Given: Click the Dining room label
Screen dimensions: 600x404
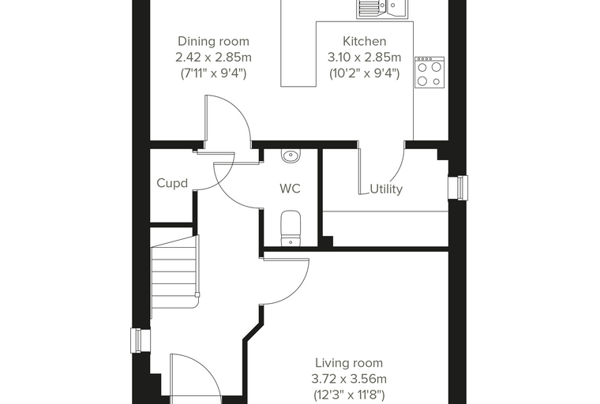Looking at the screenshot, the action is pos(213,41).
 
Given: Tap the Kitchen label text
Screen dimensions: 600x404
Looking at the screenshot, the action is pos(364,41).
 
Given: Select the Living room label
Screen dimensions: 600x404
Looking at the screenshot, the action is pos(349,363).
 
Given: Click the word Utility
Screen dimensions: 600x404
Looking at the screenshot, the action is pos(386,189).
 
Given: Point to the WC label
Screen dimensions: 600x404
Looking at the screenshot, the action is pos(290,189).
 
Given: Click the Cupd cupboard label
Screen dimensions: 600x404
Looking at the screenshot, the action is pos(172,183).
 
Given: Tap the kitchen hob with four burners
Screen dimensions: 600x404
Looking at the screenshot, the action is pos(429,73).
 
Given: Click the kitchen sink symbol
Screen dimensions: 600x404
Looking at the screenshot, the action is pos(383,9).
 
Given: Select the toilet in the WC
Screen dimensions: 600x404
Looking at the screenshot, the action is pos(291,228).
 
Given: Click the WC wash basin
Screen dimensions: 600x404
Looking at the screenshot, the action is pos(291,155).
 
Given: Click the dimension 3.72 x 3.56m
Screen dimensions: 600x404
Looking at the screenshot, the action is pos(349,379).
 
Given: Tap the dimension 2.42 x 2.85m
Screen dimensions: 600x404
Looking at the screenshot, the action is pos(213,58).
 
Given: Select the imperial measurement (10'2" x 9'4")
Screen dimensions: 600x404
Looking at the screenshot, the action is pos(364,73).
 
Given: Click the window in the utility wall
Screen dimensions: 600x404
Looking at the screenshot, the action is pos(458,188).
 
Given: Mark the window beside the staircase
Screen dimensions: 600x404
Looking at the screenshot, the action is pos(141,340).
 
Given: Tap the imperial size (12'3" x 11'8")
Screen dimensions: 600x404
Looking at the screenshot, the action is pos(349,395).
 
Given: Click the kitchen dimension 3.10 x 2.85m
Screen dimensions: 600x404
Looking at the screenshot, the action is pos(364,58).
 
